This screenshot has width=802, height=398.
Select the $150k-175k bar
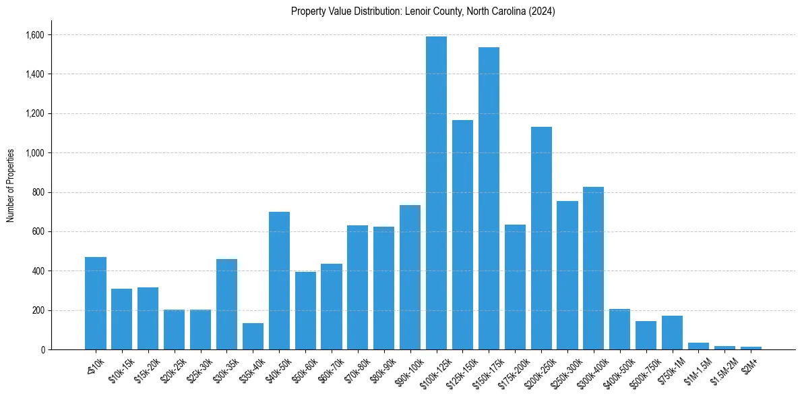[489, 198]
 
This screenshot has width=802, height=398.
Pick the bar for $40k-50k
[279, 281]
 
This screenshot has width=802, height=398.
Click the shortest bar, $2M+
[751, 348]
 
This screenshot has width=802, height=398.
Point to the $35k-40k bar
[253, 337]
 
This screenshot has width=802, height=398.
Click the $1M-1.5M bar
[698, 346]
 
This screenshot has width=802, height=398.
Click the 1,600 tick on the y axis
[35, 35]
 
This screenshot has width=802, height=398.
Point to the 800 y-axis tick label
[38, 192]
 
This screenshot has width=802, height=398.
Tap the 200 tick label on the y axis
[38, 310]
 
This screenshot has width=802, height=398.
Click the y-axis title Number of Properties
[11, 186]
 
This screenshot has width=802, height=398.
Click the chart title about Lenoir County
[423, 11]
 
